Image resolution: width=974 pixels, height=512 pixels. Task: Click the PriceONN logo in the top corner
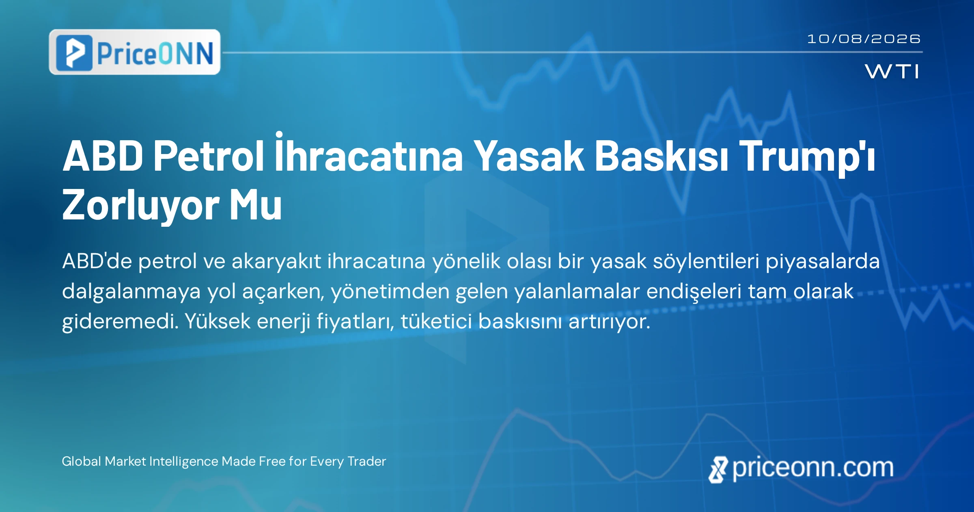[x=135, y=52]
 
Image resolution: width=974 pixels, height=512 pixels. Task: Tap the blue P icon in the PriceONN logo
[x=74, y=53]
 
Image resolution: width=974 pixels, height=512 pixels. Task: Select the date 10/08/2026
[x=864, y=39]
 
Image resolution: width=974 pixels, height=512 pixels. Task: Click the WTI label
[x=892, y=72]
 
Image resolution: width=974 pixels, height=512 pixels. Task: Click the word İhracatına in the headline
[x=369, y=152]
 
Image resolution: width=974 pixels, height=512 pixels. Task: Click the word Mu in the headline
[x=256, y=205]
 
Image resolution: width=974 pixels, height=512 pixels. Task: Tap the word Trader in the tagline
[x=367, y=461]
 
